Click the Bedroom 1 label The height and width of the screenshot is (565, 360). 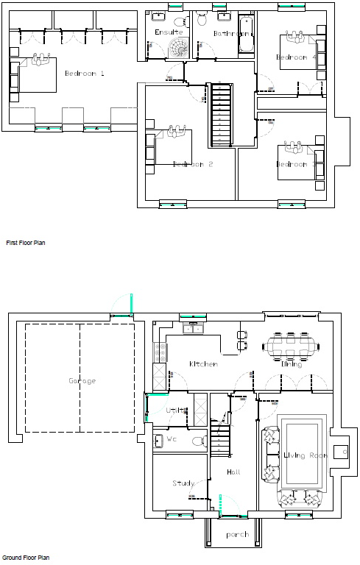pyautogui.click(x=85, y=73)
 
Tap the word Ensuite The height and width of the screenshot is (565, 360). pyautogui.click(x=168, y=32)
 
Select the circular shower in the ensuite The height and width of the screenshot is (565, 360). pyautogui.click(x=178, y=48)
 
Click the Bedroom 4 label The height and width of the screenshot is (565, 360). pyautogui.click(x=296, y=57)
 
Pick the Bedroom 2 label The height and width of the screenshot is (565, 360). pyautogui.click(x=192, y=164)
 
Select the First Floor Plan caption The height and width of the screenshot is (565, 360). pyautogui.click(x=26, y=242)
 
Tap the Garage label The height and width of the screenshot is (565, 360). pyautogui.click(x=82, y=380)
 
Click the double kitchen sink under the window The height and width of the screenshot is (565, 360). pyautogui.click(x=193, y=329)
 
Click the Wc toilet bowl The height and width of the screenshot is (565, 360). pyautogui.click(x=197, y=441)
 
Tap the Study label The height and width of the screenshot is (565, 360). pyautogui.click(x=183, y=483)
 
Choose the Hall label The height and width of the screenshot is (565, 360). pyautogui.click(x=233, y=472)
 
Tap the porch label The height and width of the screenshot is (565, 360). pyautogui.click(x=237, y=534)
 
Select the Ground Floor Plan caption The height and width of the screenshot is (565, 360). pyautogui.click(x=26, y=558)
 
